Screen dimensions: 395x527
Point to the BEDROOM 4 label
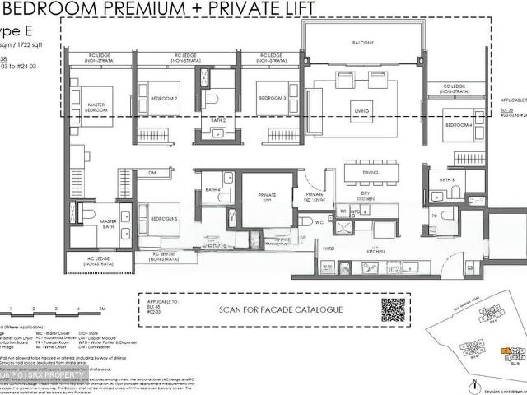point(459,125)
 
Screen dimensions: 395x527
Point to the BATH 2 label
point(218,120)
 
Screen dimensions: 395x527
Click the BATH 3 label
point(446,180)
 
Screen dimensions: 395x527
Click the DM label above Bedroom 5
point(153,173)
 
